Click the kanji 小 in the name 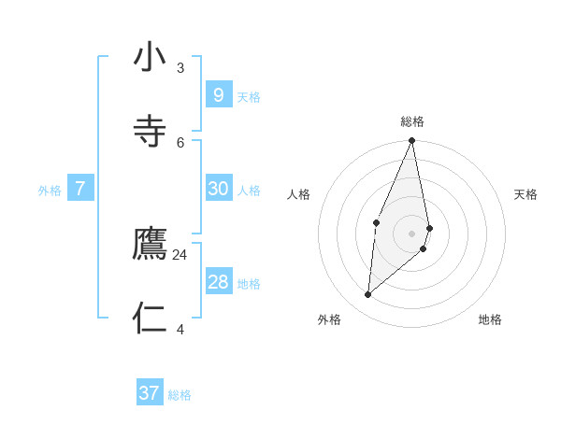(x=150, y=58)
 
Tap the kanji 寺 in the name (x=150, y=131)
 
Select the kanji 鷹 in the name (x=150, y=244)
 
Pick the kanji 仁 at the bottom (x=150, y=318)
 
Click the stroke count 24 (x=180, y=254)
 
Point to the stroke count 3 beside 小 (x=180, y=67)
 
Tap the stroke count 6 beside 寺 (x=180, y=142)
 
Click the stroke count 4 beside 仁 (x=180, y=329)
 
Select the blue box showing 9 (x=218, y=94)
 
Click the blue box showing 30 (x=218, y=189)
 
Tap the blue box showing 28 (x=218, y=282)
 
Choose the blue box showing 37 (x=150, y=393)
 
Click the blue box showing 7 (x=80, y=189)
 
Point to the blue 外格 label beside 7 (x=50, y=191)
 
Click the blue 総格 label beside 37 (x=180, y=395)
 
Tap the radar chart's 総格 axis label (x=412, y=121)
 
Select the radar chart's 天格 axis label (x=525, y=194)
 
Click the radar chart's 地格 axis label (x=490, y=319)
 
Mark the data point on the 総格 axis (x=412, y=141)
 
